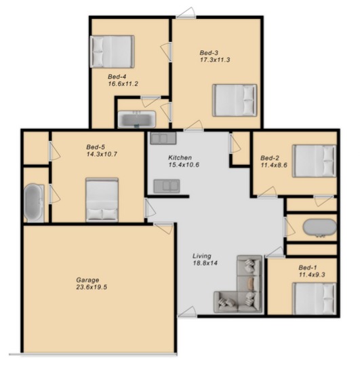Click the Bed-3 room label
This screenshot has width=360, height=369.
[x=209, y=53]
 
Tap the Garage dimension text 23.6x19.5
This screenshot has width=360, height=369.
[x=92, y=287]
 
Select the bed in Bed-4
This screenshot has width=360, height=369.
[x=112, y=52]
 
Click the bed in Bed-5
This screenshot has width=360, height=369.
[x=102, y=200]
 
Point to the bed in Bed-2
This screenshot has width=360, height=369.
[x=314, y=161]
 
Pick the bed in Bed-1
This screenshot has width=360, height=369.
[x=314, y=298]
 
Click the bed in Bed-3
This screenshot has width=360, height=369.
[x=235, y=100]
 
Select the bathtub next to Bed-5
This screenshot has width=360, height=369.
[x=34, y=203]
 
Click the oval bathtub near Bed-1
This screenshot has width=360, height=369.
[x=319, y=227]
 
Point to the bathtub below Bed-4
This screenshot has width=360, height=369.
[x=137, y=119]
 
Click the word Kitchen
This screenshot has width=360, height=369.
[x=180, y=157]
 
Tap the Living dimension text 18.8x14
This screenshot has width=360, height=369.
[x=205, y=263]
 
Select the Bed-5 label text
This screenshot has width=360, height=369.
[x=96, y=147]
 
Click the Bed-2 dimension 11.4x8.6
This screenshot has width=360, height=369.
[x=274, y=166]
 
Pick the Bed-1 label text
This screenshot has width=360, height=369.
[x=308, y=267]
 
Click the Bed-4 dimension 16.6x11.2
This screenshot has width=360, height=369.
[x=123, y=84]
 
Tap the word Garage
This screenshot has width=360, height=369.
[x=87, y=280]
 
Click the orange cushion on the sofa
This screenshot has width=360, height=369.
[x=251, y=284]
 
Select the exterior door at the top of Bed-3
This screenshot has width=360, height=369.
[x=186, y=14]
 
